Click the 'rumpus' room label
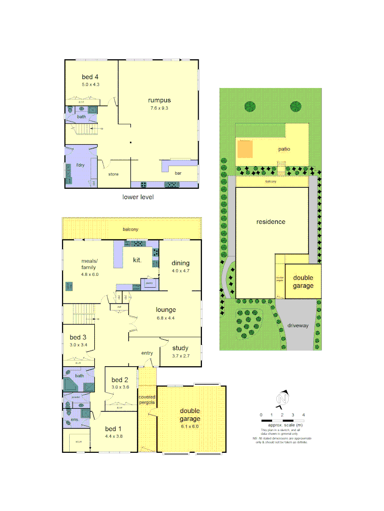[159, 100]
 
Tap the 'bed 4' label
[90, 77]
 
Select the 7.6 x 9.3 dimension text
[159, 108]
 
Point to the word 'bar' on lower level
[178, 174]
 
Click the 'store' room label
[113, 174]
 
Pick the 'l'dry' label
[80, 166]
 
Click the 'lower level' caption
[138, 197]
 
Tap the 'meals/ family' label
[89, 264]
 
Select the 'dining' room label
[181, 263]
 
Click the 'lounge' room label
[166, 310]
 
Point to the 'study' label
[180, 349]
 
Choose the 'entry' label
[147, 353]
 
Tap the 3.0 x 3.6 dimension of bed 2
[120, 387]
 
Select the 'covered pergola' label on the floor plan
[147, 400]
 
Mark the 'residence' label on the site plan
[271, 221]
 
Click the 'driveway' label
[298, 326]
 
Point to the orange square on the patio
[245, 150]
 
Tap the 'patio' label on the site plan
[284, 149]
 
